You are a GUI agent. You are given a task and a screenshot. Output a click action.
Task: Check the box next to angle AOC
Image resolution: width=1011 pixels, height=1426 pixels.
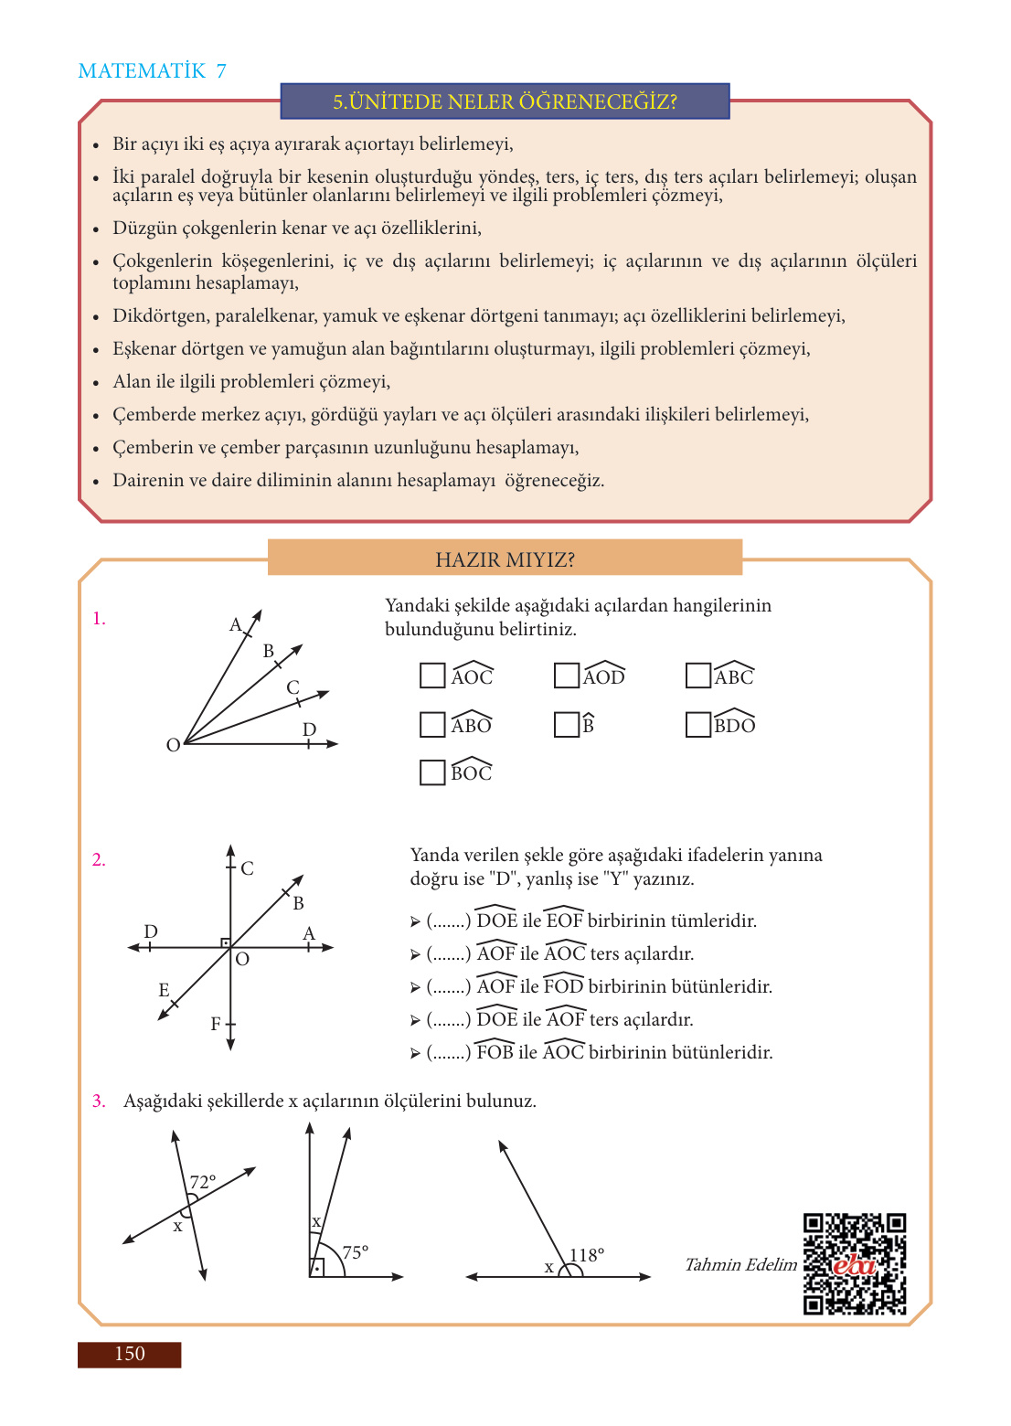[432, 676]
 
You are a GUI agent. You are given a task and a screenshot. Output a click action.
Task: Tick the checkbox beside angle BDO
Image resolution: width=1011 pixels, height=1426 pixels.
[698, 724]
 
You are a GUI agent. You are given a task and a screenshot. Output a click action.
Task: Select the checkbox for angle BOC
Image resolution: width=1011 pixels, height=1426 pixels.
[432, 772]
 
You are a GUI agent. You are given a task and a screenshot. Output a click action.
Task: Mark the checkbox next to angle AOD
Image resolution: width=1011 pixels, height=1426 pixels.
[567, 676]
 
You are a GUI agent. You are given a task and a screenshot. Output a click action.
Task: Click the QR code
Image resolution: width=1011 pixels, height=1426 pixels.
[855, 1264]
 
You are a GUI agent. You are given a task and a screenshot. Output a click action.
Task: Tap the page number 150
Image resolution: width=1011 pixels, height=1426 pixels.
[129, 1354]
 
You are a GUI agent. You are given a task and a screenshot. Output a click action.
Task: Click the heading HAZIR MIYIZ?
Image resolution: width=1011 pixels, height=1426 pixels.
[505, 559]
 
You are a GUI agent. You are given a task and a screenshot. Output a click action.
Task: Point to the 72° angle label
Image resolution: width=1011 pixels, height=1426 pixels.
[203, 1182]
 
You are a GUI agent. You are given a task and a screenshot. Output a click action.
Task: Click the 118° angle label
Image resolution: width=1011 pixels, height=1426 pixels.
[587, 1255]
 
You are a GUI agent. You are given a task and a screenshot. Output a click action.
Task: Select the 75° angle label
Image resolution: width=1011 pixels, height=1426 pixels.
[355, 1251]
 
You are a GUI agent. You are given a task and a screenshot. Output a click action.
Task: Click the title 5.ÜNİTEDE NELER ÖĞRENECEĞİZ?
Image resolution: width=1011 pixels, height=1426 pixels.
[505, 101]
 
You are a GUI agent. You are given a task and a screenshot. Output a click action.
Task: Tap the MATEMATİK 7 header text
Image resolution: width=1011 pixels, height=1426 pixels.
[153, 71]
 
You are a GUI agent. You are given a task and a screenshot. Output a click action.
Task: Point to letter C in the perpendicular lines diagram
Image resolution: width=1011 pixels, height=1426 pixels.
[248, 868]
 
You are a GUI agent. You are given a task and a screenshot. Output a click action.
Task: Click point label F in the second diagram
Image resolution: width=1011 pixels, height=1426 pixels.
[216, 1024]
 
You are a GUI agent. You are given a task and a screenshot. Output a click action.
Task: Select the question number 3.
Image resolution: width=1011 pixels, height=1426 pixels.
[99, 1101]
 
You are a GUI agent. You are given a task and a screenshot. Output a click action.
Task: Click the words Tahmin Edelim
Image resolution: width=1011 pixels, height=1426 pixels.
[740, 1264]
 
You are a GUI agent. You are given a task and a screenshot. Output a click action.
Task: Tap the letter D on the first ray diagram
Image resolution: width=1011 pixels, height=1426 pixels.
[309, 729]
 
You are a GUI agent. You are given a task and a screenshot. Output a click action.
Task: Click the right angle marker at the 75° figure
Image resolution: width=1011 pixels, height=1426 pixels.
[317, 1268]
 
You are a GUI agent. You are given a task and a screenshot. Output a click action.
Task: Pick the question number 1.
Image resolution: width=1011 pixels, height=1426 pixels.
[99, 619]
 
